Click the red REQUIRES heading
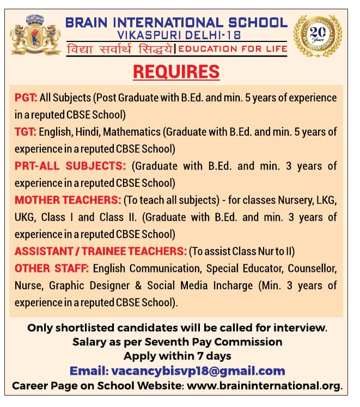coord(176,71)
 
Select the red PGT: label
coord(26,98)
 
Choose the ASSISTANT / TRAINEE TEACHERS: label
coord(101,251)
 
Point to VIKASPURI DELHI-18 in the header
coord(176,35)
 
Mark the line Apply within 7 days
coord(178,356)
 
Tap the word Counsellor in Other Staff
coord(313,269)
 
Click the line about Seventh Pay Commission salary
coord(178,342)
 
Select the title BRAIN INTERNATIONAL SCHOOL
coord(176,23)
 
